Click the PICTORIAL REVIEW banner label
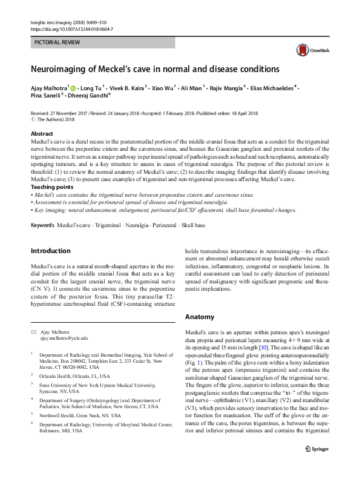point(58,44)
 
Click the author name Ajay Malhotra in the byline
point(50,87)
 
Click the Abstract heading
point(42,133)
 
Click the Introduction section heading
point(51,250)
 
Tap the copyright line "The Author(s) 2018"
point(59,119)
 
